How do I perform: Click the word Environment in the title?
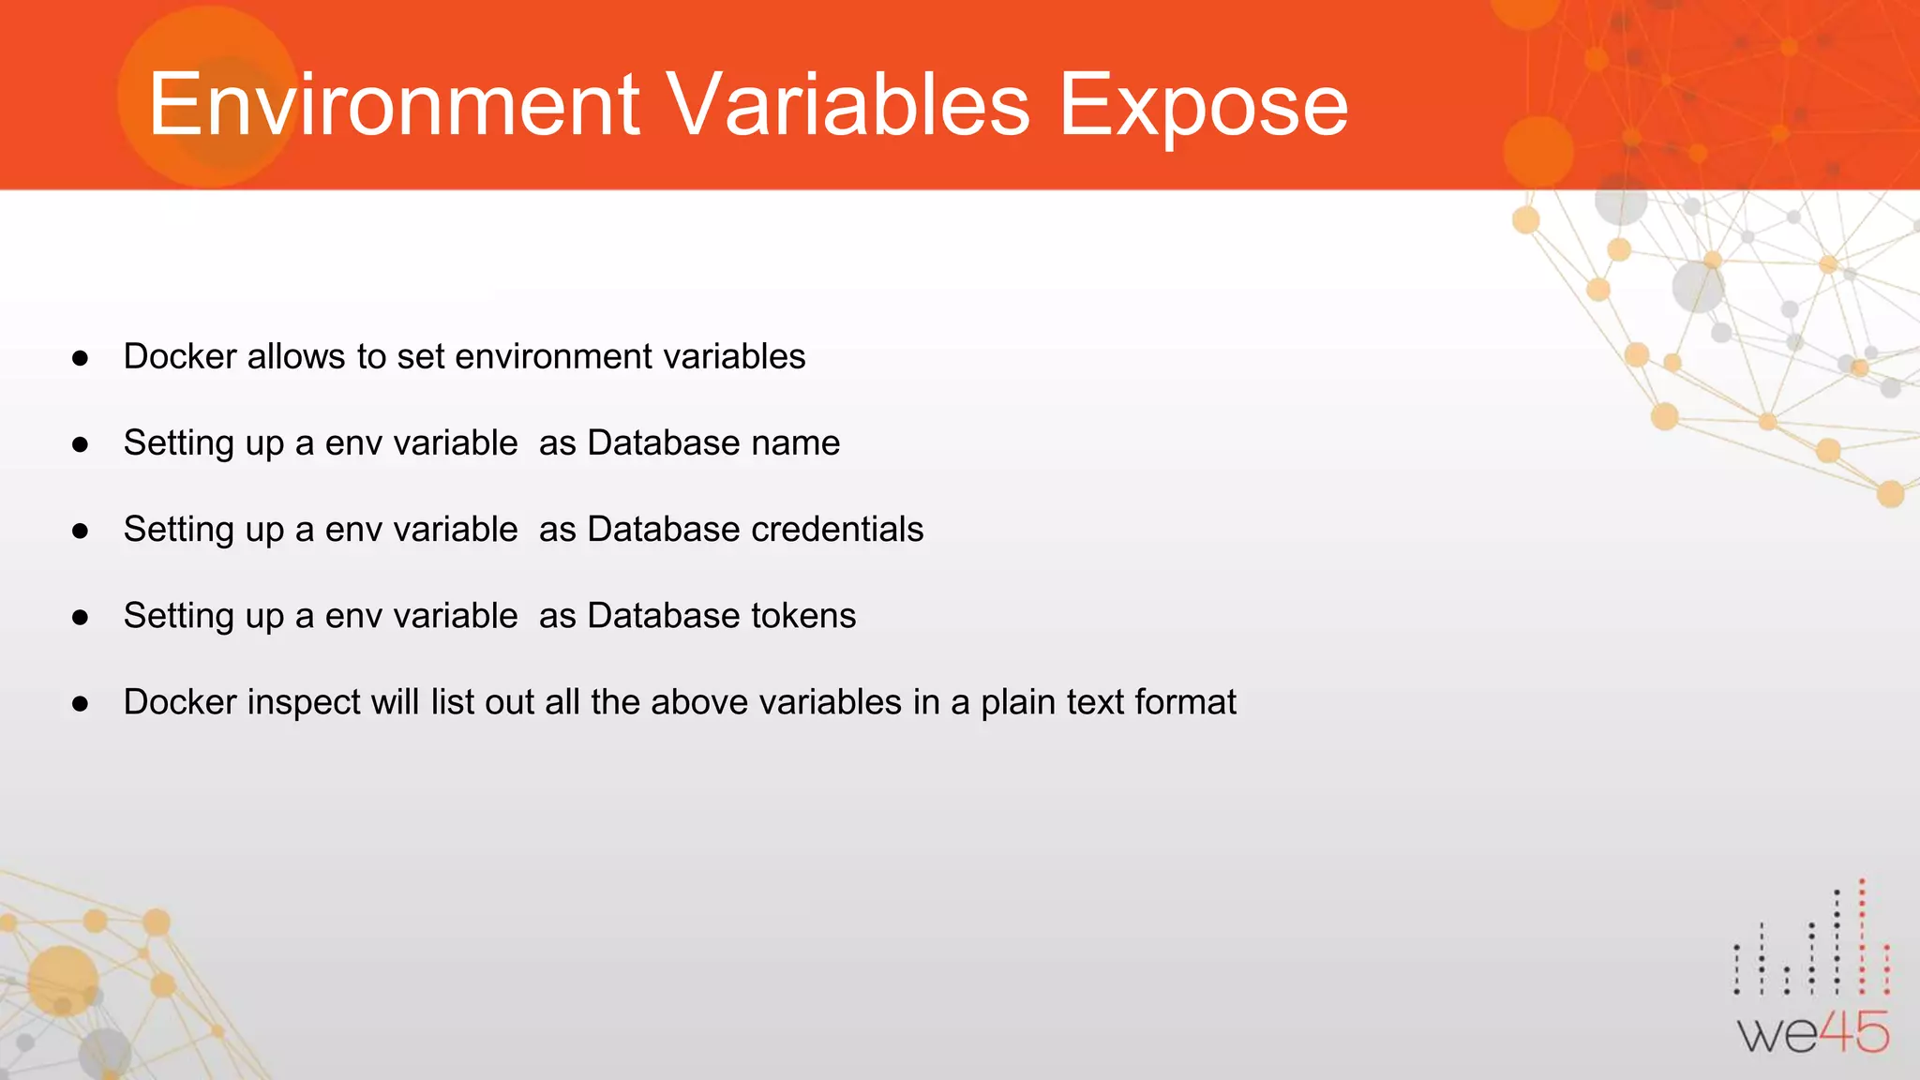point(394,105)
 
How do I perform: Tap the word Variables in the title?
point(848,105)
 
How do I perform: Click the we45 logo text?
point(1813,1033)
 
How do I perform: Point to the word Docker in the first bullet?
point(180,356)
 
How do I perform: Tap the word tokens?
point(803,615)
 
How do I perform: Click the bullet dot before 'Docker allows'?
point(81,358)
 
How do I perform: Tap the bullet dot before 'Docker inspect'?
point(81,703)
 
